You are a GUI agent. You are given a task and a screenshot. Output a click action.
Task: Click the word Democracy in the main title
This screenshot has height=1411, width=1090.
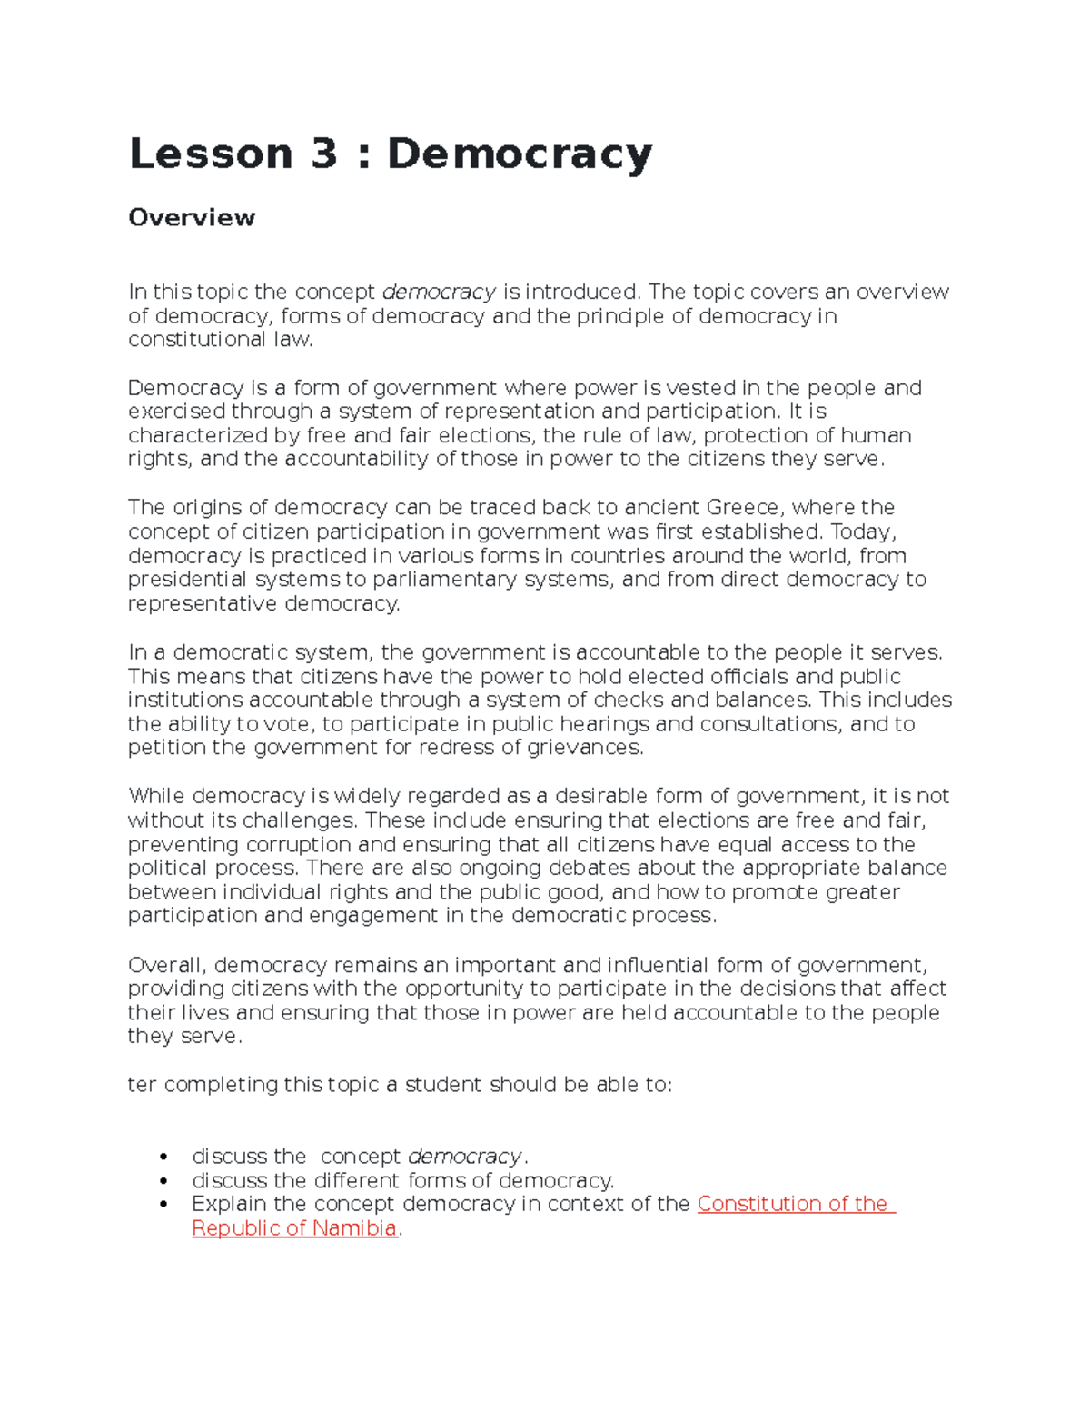click(520, 154)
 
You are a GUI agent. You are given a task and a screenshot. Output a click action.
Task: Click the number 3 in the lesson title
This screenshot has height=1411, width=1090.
click(323, 154)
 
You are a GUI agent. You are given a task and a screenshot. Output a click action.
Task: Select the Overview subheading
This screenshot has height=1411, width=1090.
click(192, 217)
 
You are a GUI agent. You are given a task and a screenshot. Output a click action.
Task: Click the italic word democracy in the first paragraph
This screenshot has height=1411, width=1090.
click(439, 292)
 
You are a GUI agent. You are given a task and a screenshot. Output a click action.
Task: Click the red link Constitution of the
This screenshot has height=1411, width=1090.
click(796, 1204)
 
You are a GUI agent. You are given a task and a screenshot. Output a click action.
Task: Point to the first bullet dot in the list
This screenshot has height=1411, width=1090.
click(163, 1157)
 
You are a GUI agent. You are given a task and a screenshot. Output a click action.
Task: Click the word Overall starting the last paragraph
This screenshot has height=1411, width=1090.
click(166, 965)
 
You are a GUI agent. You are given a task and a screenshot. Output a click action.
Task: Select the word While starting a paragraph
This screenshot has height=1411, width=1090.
click(156, 796)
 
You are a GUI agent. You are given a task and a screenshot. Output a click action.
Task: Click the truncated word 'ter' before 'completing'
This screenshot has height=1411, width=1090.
click(142, 1085)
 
